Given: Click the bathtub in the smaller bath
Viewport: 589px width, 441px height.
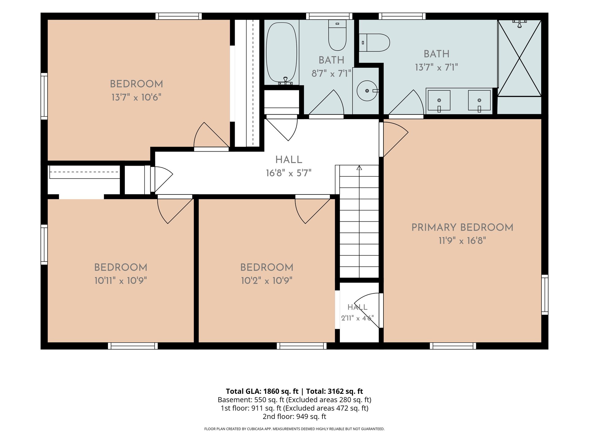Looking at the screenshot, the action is [281, 52].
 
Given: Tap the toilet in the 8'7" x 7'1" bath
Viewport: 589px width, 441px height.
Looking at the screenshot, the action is [337, 35].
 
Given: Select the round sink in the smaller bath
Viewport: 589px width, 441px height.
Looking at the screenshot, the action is [367, 91].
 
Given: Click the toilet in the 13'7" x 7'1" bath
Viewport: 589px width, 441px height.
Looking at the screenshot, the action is [375, 43].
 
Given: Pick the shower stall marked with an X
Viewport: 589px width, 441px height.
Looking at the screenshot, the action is [519, 58].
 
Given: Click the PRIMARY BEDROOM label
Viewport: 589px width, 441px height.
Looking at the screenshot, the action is [462, 227].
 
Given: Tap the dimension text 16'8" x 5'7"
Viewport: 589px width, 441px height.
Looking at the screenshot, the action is [288, 173].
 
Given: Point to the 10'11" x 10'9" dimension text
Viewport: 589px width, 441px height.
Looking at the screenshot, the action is [121, 281].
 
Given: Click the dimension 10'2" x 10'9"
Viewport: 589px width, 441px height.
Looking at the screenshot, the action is [267, 281].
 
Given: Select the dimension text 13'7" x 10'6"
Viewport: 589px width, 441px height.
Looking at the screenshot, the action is [136, 97].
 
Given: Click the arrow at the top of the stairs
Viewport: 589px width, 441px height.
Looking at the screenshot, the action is [359, 168].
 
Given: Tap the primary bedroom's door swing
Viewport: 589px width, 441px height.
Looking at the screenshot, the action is [396, 139].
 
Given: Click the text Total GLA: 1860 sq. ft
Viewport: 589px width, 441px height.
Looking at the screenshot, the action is [262, 391].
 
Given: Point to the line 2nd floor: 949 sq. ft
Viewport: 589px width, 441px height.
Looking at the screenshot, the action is [294, 417].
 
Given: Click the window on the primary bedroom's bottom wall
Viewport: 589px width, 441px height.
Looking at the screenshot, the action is [453, 346].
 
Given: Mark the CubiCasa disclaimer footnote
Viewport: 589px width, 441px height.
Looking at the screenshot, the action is [294, 429].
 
